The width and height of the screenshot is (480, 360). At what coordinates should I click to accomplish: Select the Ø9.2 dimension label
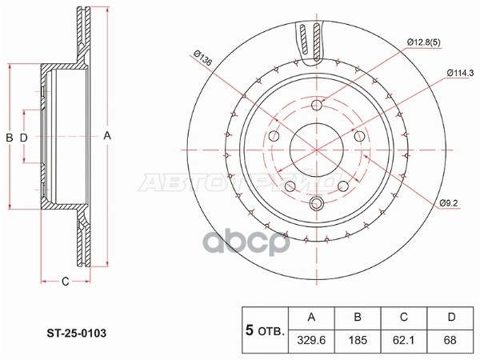pyautogui.click(x=449, y=205)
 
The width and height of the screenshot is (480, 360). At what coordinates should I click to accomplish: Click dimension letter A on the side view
pyautogui.click(x=106, y=136)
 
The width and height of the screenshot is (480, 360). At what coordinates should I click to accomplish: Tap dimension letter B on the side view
pyautogui.click(x=10, y=138)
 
